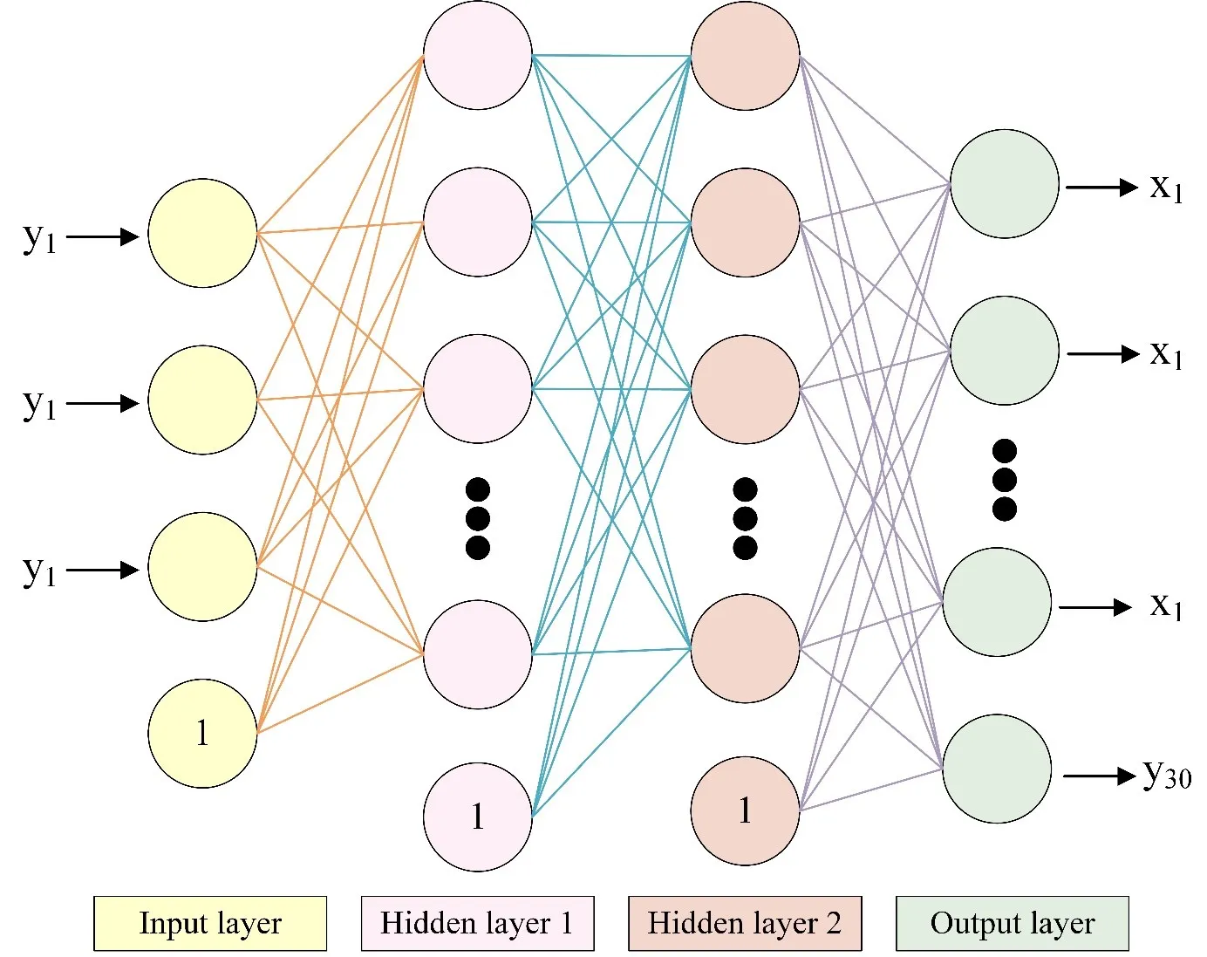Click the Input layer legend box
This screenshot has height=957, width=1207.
[x=210, y=923]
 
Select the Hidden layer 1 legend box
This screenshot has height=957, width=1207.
[x=477, y=923]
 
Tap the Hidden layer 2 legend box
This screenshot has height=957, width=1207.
[x=745, y=923]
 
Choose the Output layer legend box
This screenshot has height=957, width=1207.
[x=1012, y=923]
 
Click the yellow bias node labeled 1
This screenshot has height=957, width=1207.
[x=202, y=734]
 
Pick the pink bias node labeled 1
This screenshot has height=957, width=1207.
[x=478, y=817]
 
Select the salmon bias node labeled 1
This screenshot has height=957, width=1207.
[x=745, y=810]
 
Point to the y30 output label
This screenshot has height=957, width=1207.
[x=1167, y=774]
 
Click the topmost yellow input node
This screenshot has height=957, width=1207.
[x=202, y=233]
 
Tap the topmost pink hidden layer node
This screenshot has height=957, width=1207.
[x=478, y=56]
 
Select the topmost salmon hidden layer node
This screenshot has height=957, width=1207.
[x=745, y=56]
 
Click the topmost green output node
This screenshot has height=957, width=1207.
[x=1005, y=184]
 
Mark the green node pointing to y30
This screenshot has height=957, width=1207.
[x=997, y=769]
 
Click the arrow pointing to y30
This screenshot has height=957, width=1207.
[x=1099, y=776]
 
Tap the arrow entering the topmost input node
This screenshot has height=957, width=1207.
[x=103, y=236]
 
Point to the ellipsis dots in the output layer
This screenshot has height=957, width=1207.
[x=1005, y=480]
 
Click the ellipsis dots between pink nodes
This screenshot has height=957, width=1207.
[x=478, y=518]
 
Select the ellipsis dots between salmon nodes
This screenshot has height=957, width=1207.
[x=745, y=518]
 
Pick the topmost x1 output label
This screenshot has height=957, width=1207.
[x=1166, y=187]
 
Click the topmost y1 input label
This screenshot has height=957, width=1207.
[x=39, y=236]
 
